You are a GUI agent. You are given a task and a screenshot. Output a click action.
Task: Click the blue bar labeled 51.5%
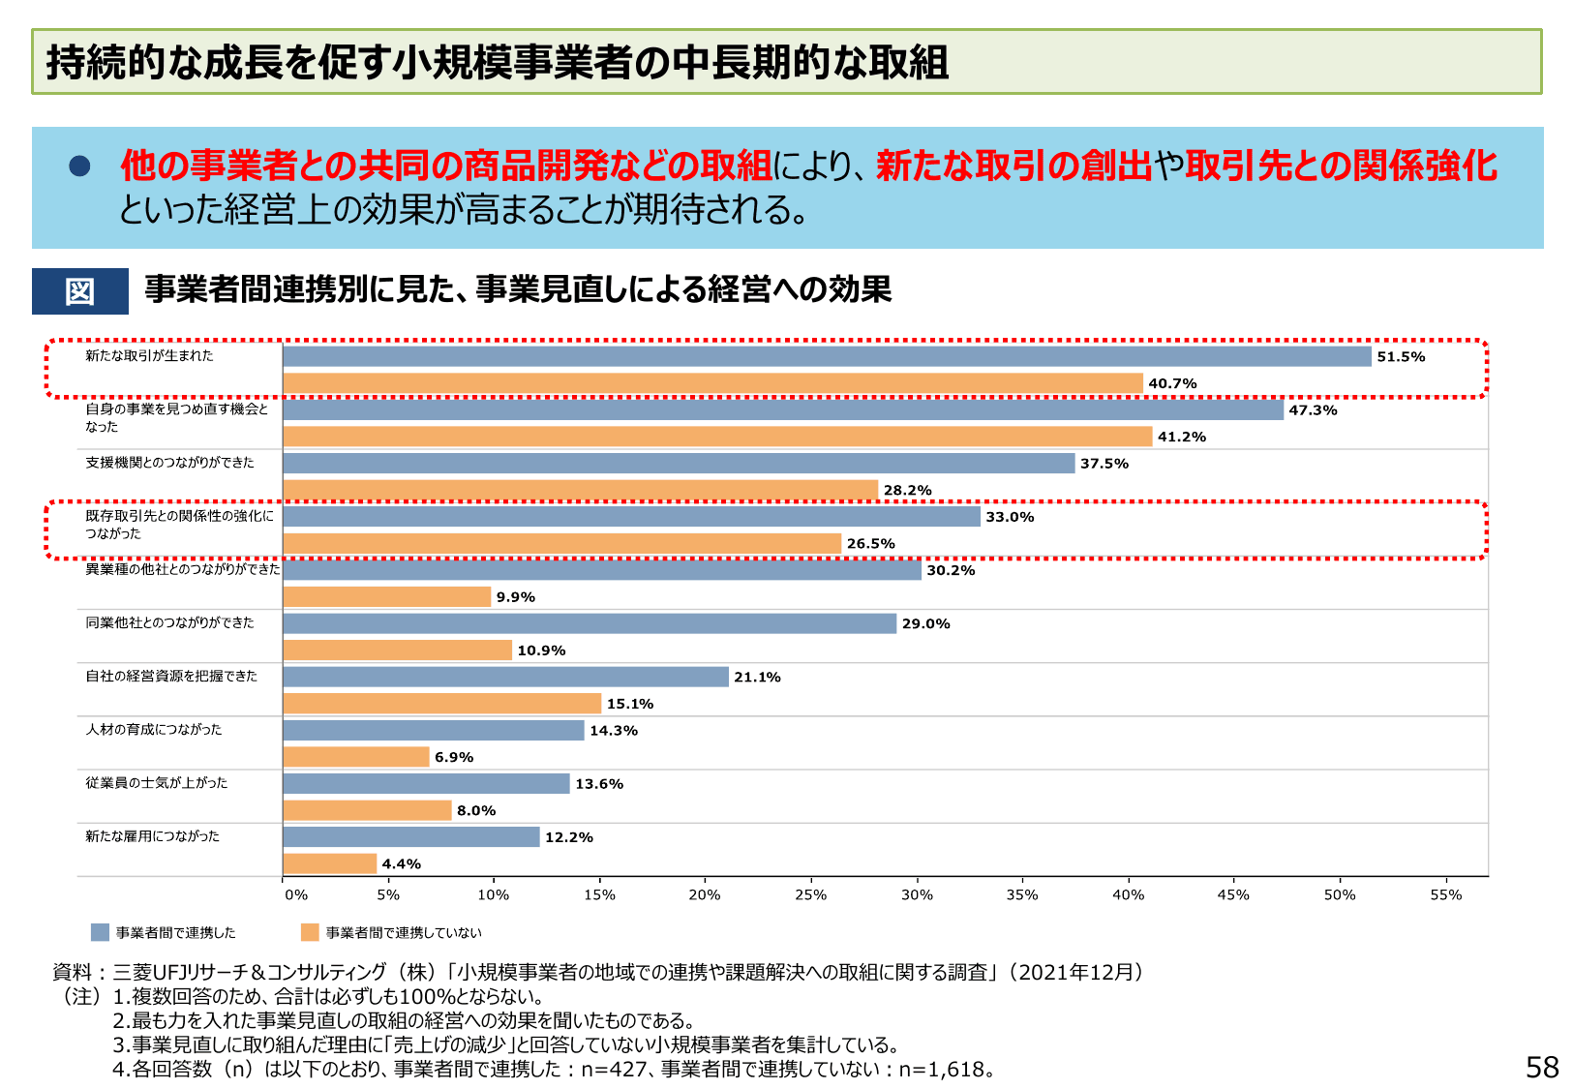click(x=827, y=356)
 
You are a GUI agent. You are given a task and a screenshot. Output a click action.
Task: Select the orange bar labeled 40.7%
click(x=712, y=383)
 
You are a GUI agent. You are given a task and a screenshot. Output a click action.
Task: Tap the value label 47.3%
click(x=1313, y=410)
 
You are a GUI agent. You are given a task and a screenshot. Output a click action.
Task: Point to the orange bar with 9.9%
click(x=387, y=597)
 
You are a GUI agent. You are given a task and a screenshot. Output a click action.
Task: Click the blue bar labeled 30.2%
click(x=602, y=570)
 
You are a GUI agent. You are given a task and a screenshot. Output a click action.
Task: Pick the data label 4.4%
click(x=401, y=864)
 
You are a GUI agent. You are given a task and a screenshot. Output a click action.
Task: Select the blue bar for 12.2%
click(x=411, y=837)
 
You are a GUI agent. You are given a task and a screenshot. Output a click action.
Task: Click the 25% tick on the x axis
click(x=810, y=895)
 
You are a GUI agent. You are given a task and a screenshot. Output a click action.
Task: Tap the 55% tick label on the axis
click(x=1445, y=895)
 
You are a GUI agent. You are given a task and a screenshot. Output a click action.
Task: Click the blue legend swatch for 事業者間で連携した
click(x=100, y=932)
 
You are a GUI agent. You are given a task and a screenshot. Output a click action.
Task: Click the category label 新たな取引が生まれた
click(x=149, y=356)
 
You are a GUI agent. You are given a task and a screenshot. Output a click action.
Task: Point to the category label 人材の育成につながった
click(x=153, y=730)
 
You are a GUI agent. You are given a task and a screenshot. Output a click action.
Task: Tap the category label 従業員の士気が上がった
click(x=156, y=783)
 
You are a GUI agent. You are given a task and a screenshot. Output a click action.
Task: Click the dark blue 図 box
click(x=80, y=291)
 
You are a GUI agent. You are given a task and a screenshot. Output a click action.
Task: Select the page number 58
click(x=1541, y=1067)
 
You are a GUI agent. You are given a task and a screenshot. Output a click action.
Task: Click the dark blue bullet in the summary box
click(x=79, y=166)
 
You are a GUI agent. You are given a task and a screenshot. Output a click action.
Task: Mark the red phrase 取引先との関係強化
click(x=1341, y=166)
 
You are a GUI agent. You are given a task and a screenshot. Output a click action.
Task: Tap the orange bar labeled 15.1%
click(x=442, y=704)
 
